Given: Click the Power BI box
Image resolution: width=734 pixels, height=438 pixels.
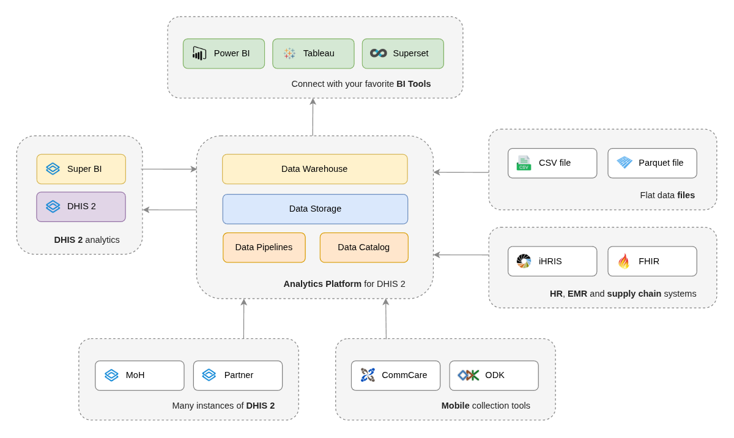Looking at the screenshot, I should tap(224, 54).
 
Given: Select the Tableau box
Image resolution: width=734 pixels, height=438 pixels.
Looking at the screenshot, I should tap(313, 54).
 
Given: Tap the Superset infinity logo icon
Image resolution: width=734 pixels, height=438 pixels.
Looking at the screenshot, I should tap(379, 53).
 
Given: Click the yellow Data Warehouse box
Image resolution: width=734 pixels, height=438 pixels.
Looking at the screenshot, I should tap(314, 169).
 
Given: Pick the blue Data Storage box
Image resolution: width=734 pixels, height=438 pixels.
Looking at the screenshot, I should tap(315, 209).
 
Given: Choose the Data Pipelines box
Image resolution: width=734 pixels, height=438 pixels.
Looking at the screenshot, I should tap(264, 248).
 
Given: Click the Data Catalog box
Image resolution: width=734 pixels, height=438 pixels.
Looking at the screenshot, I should tap(364, 248).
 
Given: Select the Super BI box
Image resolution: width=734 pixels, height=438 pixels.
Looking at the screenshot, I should tap(81, 169).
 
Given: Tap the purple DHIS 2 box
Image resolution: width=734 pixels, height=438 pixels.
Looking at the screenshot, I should tap(81, 207).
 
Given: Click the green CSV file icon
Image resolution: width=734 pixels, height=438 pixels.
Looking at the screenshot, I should tap(524, 163).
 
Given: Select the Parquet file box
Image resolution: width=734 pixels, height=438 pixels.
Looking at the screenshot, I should tap(652, 163).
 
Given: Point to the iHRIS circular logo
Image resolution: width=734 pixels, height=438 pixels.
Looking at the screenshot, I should tap(524, 261).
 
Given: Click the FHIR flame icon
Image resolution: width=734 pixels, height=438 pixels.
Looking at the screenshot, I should tap(623, 261).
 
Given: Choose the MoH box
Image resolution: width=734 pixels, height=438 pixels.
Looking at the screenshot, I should tap(139, 376).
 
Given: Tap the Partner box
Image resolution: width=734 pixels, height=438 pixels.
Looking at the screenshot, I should tap(238, 376).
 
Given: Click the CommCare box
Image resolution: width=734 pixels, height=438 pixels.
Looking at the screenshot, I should tap(395, 376).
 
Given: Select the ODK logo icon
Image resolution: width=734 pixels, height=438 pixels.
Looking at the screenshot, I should tap(469, 375).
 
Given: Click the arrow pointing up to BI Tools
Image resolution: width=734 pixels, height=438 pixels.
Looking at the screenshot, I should tap(313, 116).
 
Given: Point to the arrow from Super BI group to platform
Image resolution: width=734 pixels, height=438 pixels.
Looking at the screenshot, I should tap(169, 169).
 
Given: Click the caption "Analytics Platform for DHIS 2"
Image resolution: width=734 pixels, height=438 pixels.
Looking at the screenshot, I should tap(344, 284).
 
